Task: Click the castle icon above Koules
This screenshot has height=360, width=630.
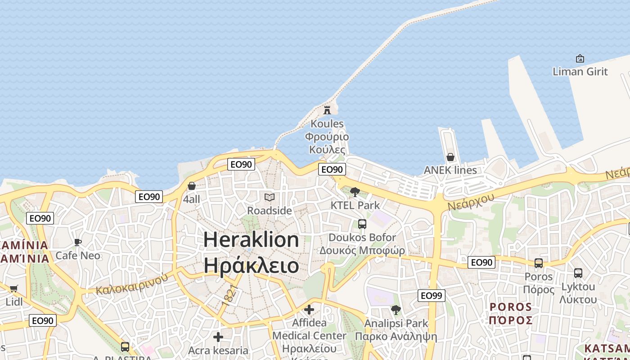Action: click(327, 110)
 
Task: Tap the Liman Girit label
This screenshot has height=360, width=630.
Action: click(580, 72)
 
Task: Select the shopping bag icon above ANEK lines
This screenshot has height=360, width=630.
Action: click(450, 157)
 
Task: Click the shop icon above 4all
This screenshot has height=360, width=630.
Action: click(192, 186)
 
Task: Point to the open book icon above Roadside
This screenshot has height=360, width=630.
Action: click(270, 197)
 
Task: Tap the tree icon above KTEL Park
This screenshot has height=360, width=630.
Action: click(355, 192)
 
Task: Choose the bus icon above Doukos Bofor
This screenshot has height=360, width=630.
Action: click(362, 224)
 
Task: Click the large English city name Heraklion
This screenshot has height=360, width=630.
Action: click(251, 240)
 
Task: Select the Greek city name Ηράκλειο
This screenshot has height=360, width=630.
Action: click(251, 265)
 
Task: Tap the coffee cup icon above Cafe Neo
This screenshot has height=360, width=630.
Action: click(78, 243)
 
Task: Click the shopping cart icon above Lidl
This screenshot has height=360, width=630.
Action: click(14, 288)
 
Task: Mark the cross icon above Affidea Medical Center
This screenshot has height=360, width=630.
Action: click(309, 310)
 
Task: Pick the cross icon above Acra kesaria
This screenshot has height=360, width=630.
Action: click(218, 337)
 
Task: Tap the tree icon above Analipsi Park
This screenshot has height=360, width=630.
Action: click(396, 310)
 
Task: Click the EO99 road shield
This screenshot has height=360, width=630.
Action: click(432, 296)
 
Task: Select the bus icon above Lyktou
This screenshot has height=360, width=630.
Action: click(578, 273)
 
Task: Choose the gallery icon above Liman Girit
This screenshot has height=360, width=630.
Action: click(580, 58)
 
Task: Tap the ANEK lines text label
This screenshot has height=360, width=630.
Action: click(450, 170)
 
